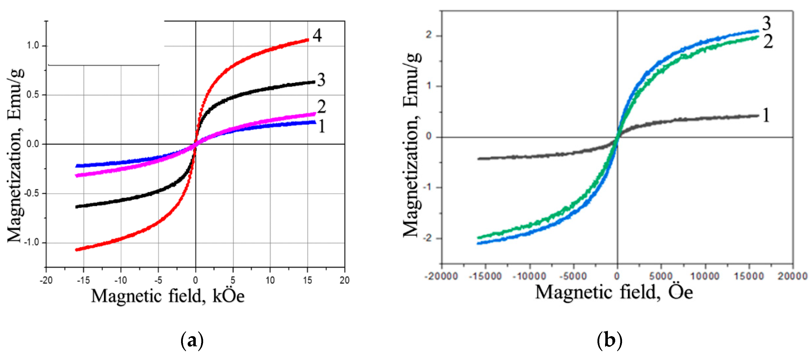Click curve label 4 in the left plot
click(317, 35)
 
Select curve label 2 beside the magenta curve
click(321, 107)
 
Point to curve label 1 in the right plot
click(766, 115)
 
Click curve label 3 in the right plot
click(767, 23)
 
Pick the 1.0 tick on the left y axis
click(32, 46)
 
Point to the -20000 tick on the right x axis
click(441, 277)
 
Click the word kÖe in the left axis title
click(228, 296)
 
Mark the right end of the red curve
click(308, 40)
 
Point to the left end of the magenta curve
click(77, 176)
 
